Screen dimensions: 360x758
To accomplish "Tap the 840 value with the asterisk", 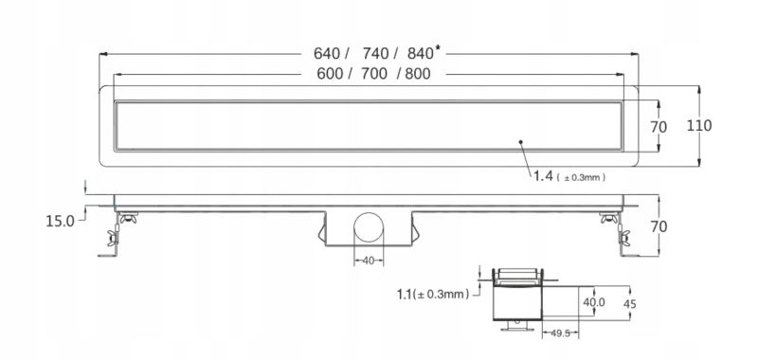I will point(419,54).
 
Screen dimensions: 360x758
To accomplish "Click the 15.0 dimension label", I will point(59,221).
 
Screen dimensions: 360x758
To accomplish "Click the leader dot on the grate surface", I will point(521,142).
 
